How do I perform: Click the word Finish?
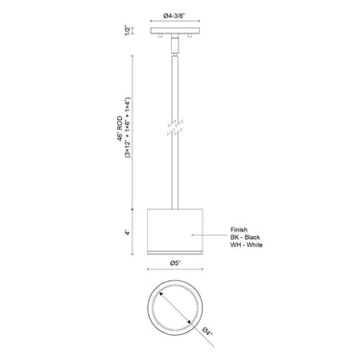240,228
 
